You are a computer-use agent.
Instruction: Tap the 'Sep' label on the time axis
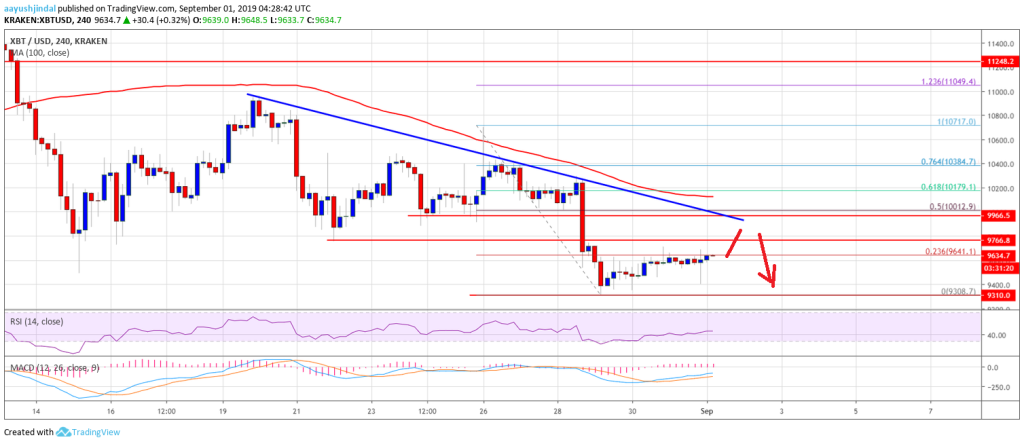(706, 410)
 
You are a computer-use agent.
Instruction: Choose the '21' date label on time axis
(296, 410)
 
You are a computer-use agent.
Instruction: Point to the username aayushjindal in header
(31, 7)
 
